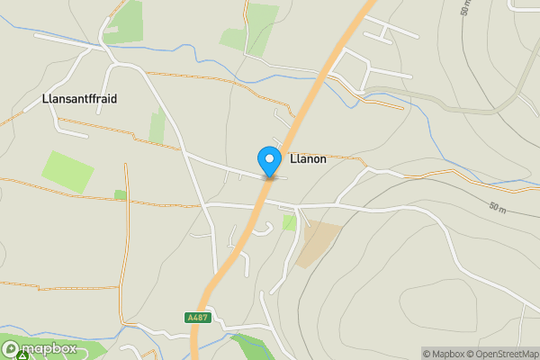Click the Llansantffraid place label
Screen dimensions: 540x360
pyautogui.click(x=80, y=98)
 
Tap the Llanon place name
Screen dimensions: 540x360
pyautogui.click(x=308, y=159)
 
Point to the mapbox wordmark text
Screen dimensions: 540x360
pyautogui.click(x=49, y=348)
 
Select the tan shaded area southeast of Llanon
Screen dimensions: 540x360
pyautogui.click(x=320, y=242)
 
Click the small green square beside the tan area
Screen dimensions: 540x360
pyautogui.click(x=289, y=222)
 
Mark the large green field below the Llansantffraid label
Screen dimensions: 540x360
pyautogui.click(x=67, y=170)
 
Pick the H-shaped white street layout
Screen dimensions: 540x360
pyautogui.click(x=388, y=32)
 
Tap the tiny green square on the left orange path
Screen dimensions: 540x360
pyautogui.click(x=121, y=194)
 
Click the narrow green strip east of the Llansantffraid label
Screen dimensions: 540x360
pyautogui.click(x=157, y=126)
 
